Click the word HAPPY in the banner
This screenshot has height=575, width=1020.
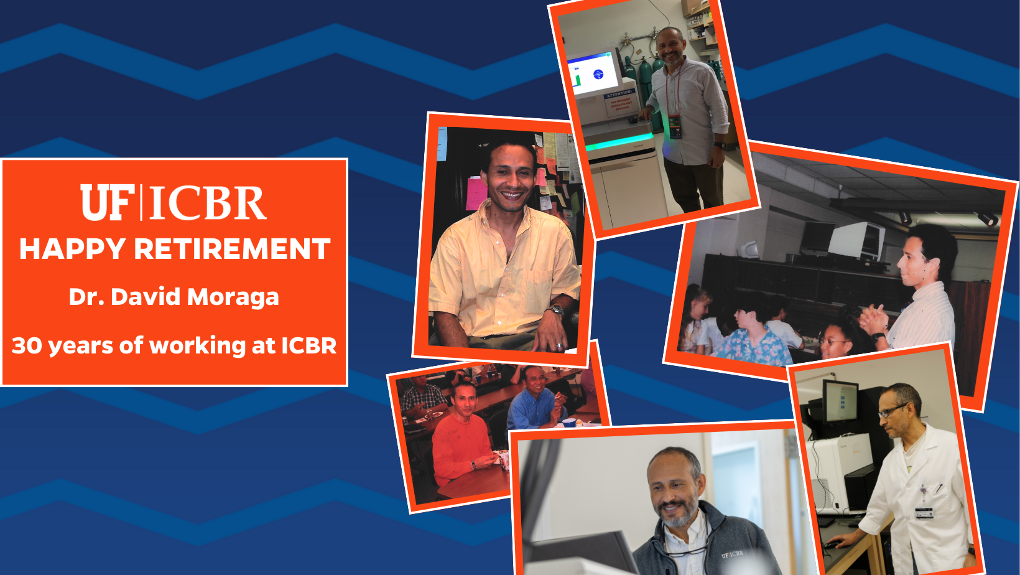[72, 249]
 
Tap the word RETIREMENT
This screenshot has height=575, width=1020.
[232, 249]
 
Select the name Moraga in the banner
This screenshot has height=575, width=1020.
[233, 297]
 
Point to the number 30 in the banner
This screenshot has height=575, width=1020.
[27, 345]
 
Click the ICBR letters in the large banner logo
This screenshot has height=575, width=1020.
[208, 203]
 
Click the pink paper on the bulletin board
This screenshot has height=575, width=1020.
[475, 194]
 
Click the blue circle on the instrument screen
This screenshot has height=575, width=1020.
[598, 74]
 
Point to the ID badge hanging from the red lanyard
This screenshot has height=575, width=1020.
[675, 127]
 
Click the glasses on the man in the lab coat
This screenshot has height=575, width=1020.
[892, 411]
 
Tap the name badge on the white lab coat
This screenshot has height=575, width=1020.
[924, 513]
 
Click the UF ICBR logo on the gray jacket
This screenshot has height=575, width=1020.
[732, 554]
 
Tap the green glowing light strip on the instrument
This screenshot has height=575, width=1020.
[620, 142]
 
